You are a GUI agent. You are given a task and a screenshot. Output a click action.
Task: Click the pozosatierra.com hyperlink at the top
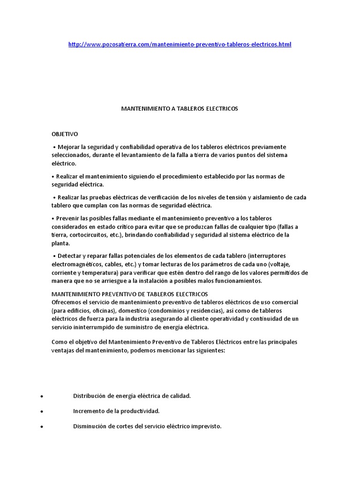pyautogui.click(x=180, y=45)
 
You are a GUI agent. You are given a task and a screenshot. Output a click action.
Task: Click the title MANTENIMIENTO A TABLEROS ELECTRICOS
pyautogui.click(x=180, y=108)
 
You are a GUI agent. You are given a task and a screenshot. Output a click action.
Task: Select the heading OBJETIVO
pyautogui.click(x=65, y=134)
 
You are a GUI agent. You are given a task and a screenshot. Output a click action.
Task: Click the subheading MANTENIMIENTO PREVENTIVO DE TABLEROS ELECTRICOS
pyautogui.click(x=129, y=294)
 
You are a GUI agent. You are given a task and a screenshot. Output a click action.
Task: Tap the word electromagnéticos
pyautogui.click(x=78, y=264)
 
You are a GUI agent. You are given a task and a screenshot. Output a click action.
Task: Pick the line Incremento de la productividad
pyautogui.click(x=116, y=411)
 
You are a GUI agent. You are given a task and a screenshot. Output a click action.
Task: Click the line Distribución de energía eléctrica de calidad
pyautogui.click(x=132, y=396)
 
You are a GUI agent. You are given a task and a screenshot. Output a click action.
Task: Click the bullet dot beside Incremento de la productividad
pyautogui.click(x=42, y=412)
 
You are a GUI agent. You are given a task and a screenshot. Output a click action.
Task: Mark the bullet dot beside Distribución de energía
pyautogui.click(x=42, y=397)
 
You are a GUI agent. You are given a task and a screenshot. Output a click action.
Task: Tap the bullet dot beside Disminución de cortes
pyautogui.click(x=42, y=427)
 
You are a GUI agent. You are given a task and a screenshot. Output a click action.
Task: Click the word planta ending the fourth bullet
pyautogui.click(x=60, y=244)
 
